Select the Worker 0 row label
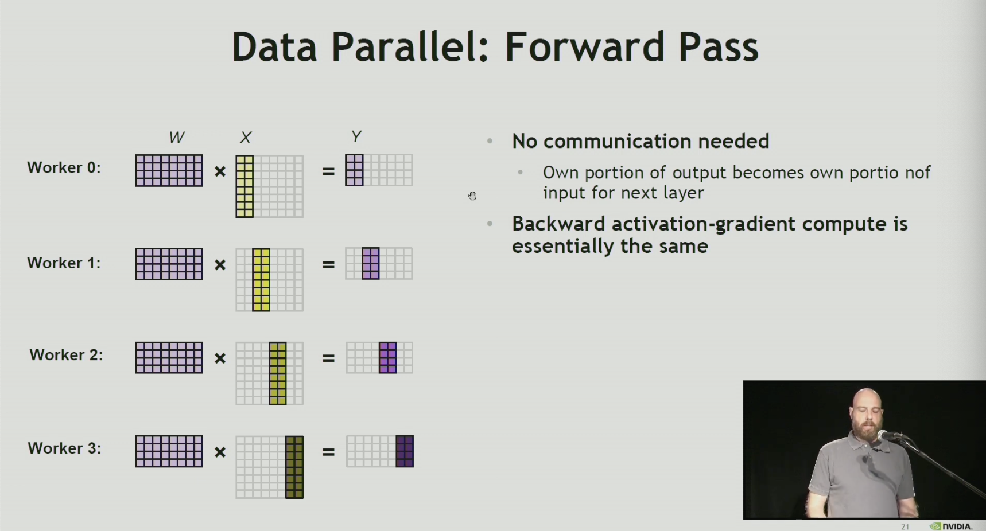click(64, 167)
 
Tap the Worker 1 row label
click(64, 263)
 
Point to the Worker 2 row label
click(66, 355)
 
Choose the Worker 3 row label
click(64, 448)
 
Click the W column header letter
click(176, 138)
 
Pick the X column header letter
click(246, 138)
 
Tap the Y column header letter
click(356, 136)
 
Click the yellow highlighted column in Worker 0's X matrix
click(244, 186)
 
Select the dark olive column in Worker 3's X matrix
click(294, 467)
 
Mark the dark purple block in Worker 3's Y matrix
click(405, 451)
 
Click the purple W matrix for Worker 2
click(169, 357)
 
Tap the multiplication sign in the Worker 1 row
click(220, 265)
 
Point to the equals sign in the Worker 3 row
click(328, 452)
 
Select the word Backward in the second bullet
click(558, 224)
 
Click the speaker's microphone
click(888, 436)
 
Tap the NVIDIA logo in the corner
click(951, 526)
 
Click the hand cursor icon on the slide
click(472, 196)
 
